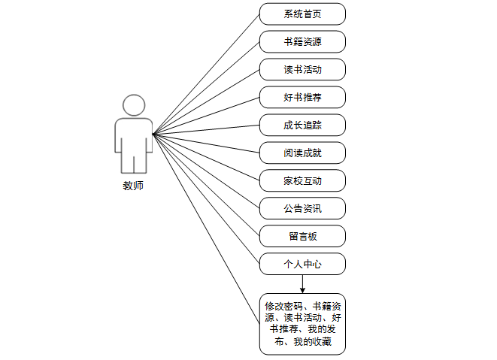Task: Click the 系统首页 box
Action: pyautogui.click(x=302, y=14)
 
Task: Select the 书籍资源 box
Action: pyautogui.click(x=302, y=42)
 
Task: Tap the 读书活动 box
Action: pyautogui.click(x=302, y=70)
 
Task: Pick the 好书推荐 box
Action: pyautogui.click(x=302, y=98)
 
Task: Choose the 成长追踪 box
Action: pyautogui.click(x=302, y=126)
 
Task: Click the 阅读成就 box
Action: pyautogui.click(x=302, y=153)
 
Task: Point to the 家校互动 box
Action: pyautogui.click(x=302, y=181)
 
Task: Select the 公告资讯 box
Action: pyautogui.click(x=302, y=208)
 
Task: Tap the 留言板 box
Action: pyautogui.click(x=302, y=236)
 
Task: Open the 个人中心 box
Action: pyautogui.click(x=302, y=264)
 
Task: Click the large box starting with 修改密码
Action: pyautogui.click(x=302, y=324)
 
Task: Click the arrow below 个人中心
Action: pyautogui.click(x=302, y=284)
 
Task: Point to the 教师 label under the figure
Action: pyautogui.click(x=133, y=186)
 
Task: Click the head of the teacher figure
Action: pyautogui.click(x=133, y=105)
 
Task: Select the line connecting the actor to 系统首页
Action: pyautogui.click(x=206, y=74)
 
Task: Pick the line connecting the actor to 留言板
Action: pyautogui.click(x=206, y=185)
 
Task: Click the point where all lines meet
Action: pyautogui.click(x=153, y=135)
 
